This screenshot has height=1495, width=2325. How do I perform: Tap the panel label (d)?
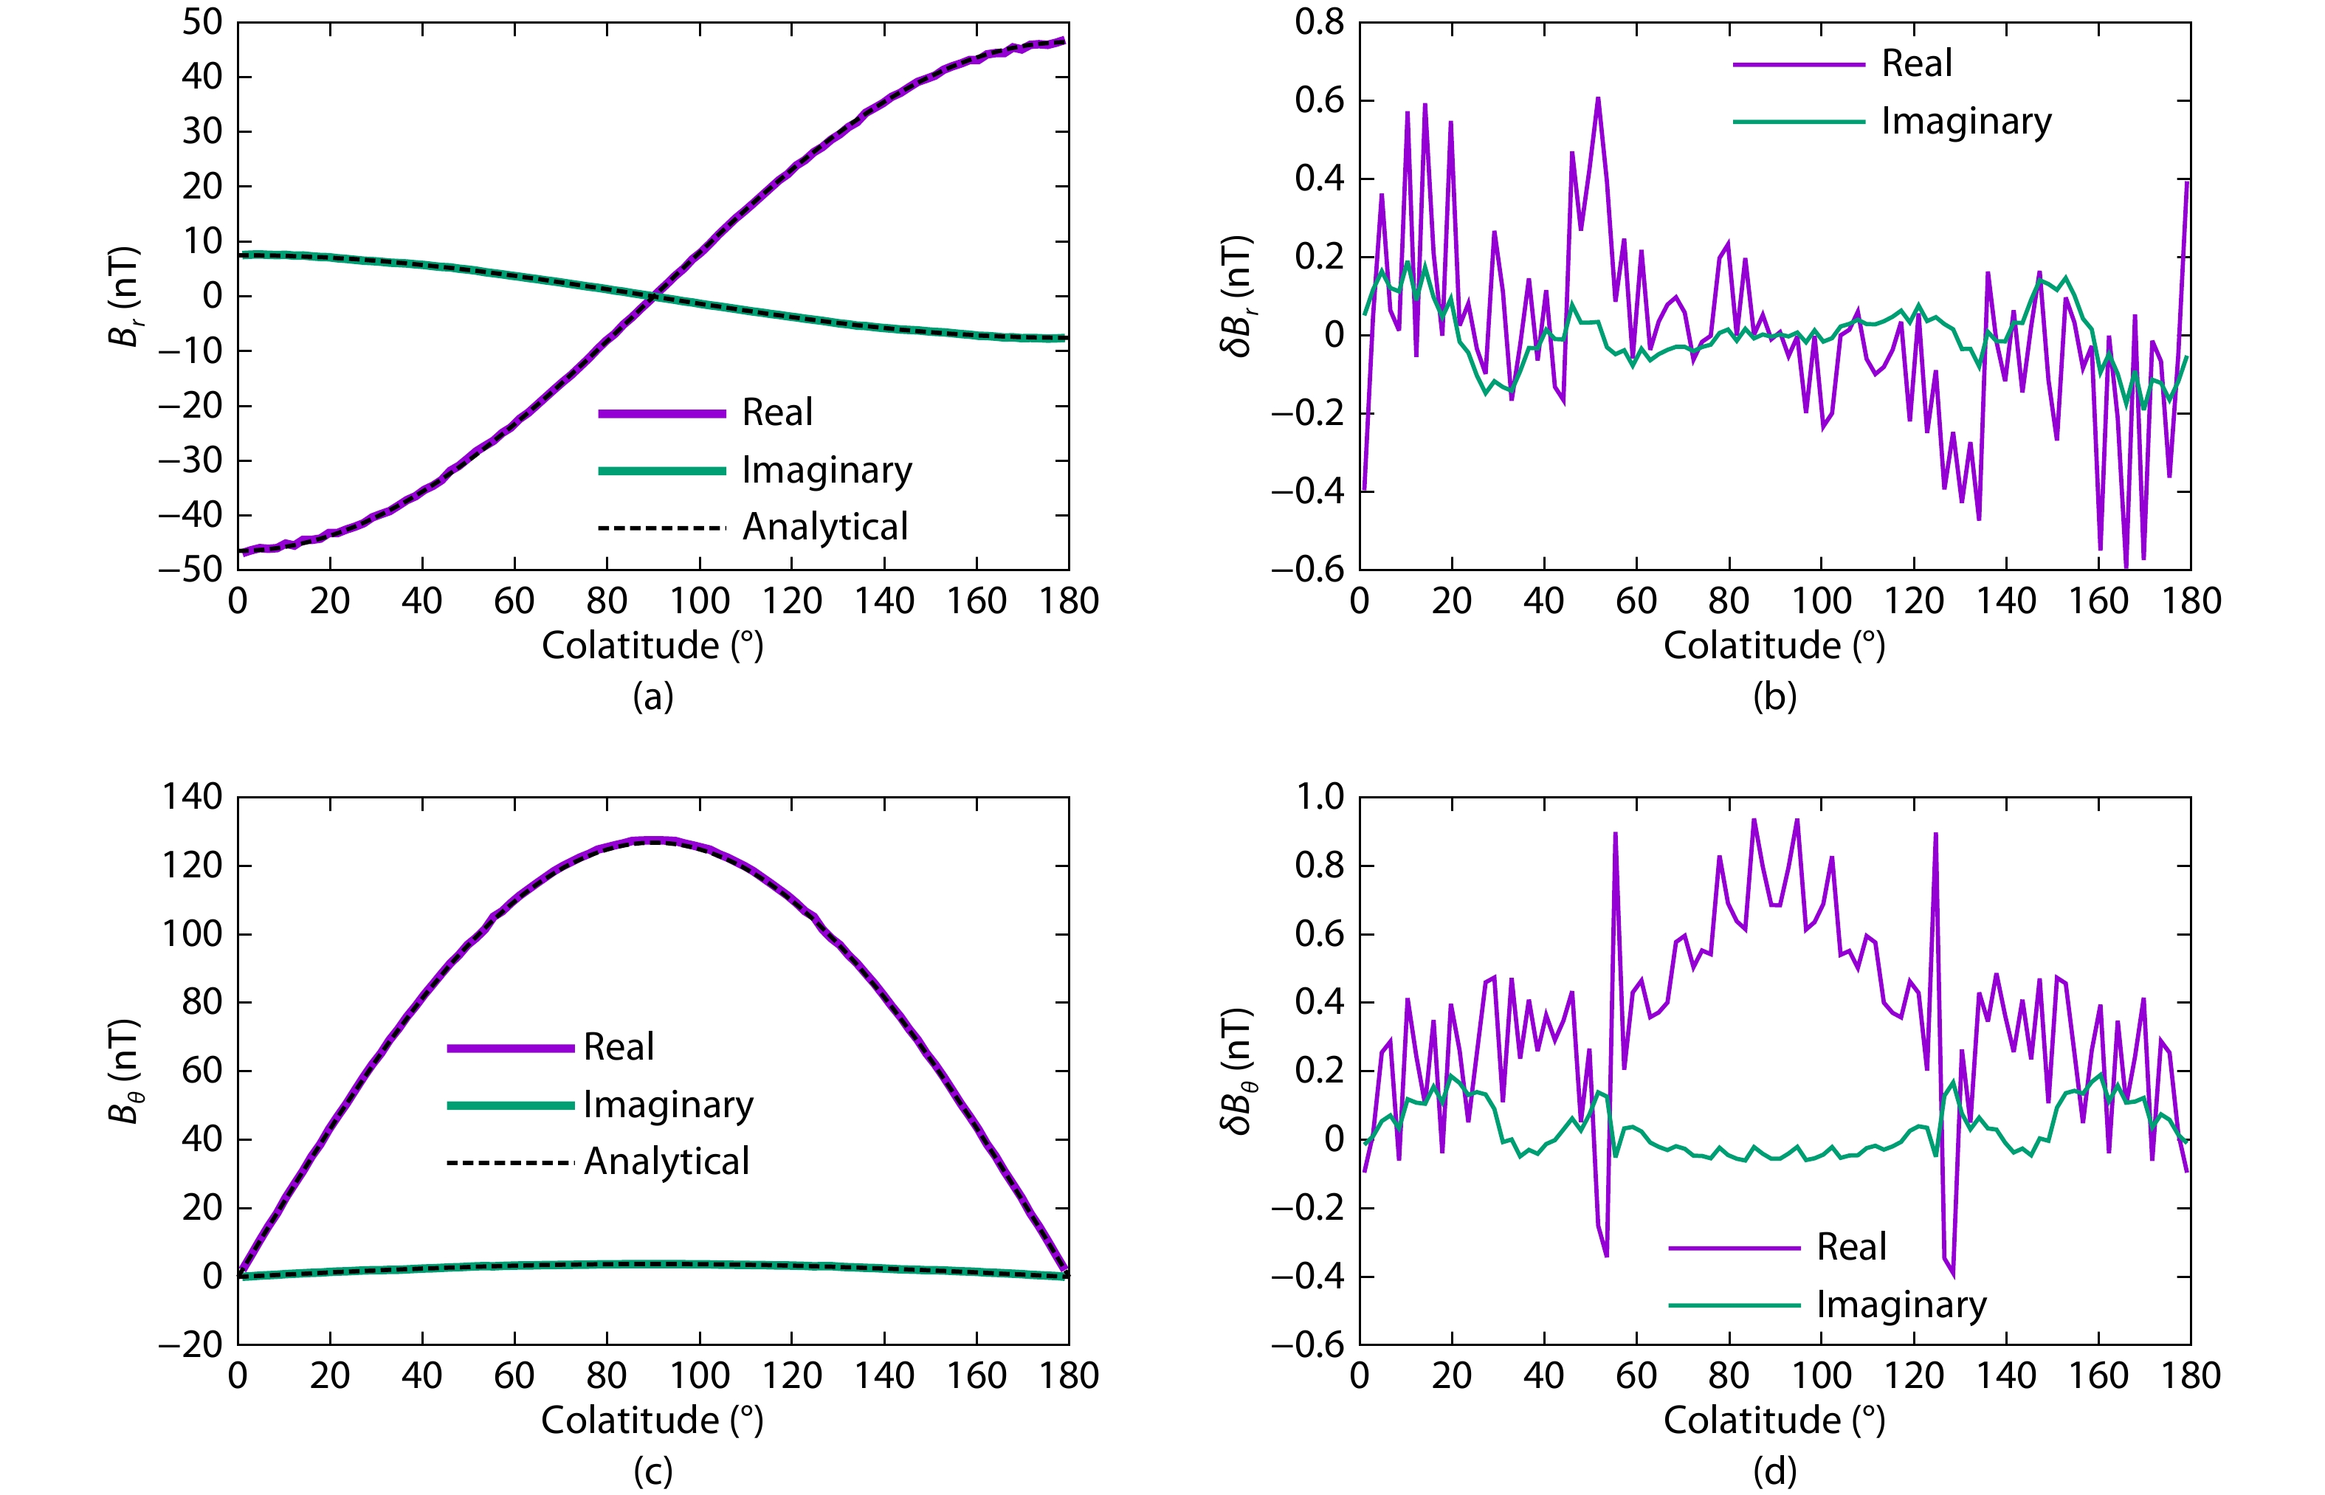click(1774, 1471)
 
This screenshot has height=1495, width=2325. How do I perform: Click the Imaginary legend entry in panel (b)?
click(1966, 121)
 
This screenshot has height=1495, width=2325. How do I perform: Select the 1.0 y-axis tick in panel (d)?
click(1320, 797)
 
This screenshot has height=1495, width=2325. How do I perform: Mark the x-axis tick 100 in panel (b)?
click(1821, 601)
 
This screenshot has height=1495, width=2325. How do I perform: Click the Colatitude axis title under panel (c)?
click(652, 1420)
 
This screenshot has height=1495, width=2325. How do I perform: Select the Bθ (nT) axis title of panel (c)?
click(124, 1071)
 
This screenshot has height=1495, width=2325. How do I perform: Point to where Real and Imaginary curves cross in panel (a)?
click(654, 296)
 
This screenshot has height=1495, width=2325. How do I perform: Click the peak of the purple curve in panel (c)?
click(652, 840)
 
